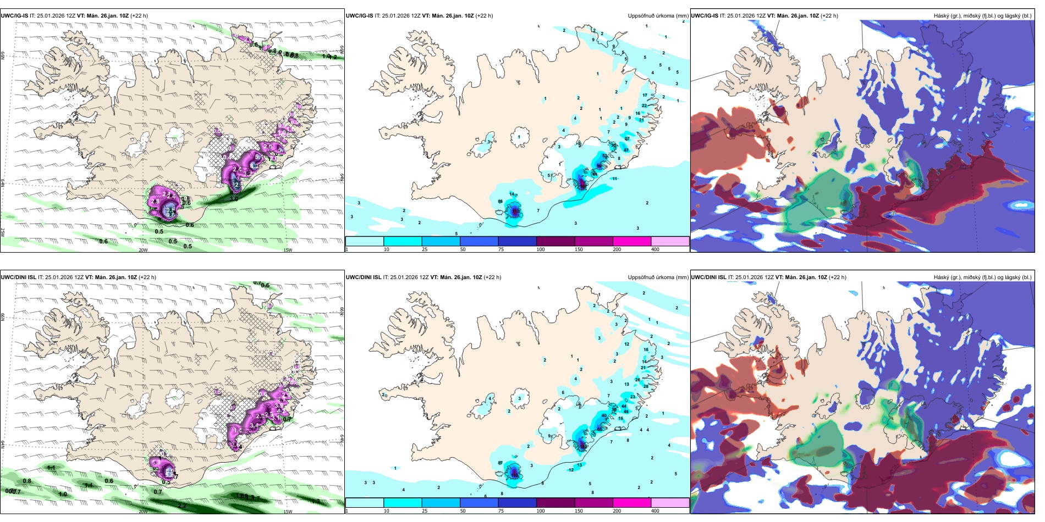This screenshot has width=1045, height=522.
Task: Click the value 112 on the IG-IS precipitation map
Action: (x=515, y=210)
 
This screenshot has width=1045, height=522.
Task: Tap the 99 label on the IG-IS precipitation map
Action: (x=599, y=166)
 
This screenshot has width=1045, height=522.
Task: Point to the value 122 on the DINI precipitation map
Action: (x=515, y=473)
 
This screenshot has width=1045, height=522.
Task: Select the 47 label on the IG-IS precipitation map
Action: (x=626, y=150)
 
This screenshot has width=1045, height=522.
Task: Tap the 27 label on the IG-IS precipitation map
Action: (x=627, y=139)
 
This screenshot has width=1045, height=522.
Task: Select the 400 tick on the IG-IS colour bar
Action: (x=655, y=249)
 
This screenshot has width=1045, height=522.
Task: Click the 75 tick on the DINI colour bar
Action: (x=501, y=511)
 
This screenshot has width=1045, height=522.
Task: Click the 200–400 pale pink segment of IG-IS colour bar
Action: (x=670, y=241)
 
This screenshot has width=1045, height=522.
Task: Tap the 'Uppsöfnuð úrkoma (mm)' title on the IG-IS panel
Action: (x=658, y=16)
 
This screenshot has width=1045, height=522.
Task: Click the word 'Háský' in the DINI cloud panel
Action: (x=941, y=277)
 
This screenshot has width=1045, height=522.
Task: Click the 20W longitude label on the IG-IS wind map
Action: (x=143, y=250)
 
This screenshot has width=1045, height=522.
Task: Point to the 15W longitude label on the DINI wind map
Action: (x=287, y=512)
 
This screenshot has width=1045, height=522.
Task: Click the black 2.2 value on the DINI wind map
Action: (x=182, y=506)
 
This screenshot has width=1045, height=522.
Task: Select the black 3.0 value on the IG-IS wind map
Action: (x=234, y=199)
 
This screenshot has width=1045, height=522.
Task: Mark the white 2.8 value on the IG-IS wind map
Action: (x=155, y=202)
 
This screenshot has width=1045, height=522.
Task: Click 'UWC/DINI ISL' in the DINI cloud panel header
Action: (x=708, y=277)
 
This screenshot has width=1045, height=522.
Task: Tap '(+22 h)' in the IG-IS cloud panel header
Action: (x=829, y=16)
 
